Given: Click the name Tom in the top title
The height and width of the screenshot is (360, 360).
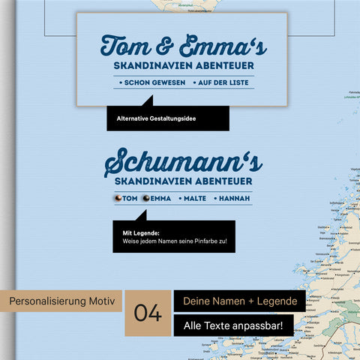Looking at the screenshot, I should coord(125,46).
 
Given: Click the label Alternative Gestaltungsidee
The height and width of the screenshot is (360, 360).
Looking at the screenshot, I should coord(156,118).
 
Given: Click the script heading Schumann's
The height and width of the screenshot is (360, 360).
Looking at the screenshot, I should coord(183,160).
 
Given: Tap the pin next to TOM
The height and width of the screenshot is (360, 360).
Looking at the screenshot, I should coord(118,198).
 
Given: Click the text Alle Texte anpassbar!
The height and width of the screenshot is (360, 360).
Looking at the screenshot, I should coord(235,326).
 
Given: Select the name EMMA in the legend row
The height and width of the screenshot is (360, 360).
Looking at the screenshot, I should coord(161,198).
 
